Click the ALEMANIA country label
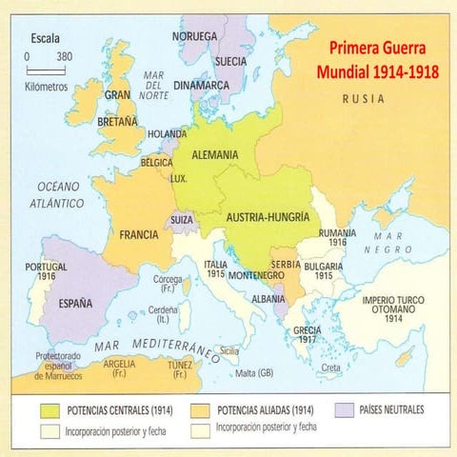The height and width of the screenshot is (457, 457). pos(215,154)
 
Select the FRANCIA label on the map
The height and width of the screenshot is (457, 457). pos(139,234)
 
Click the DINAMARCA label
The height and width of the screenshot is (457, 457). pos(200,85)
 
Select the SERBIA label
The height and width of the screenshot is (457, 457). pos(286,264)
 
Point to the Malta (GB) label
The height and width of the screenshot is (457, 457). pos(256,371)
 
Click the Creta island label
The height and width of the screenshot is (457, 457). pos(330,367)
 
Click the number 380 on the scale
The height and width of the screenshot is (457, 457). pos(64,56)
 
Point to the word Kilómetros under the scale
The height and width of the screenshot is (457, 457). pos(47,86)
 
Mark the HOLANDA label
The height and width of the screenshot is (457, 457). pos(169,134)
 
